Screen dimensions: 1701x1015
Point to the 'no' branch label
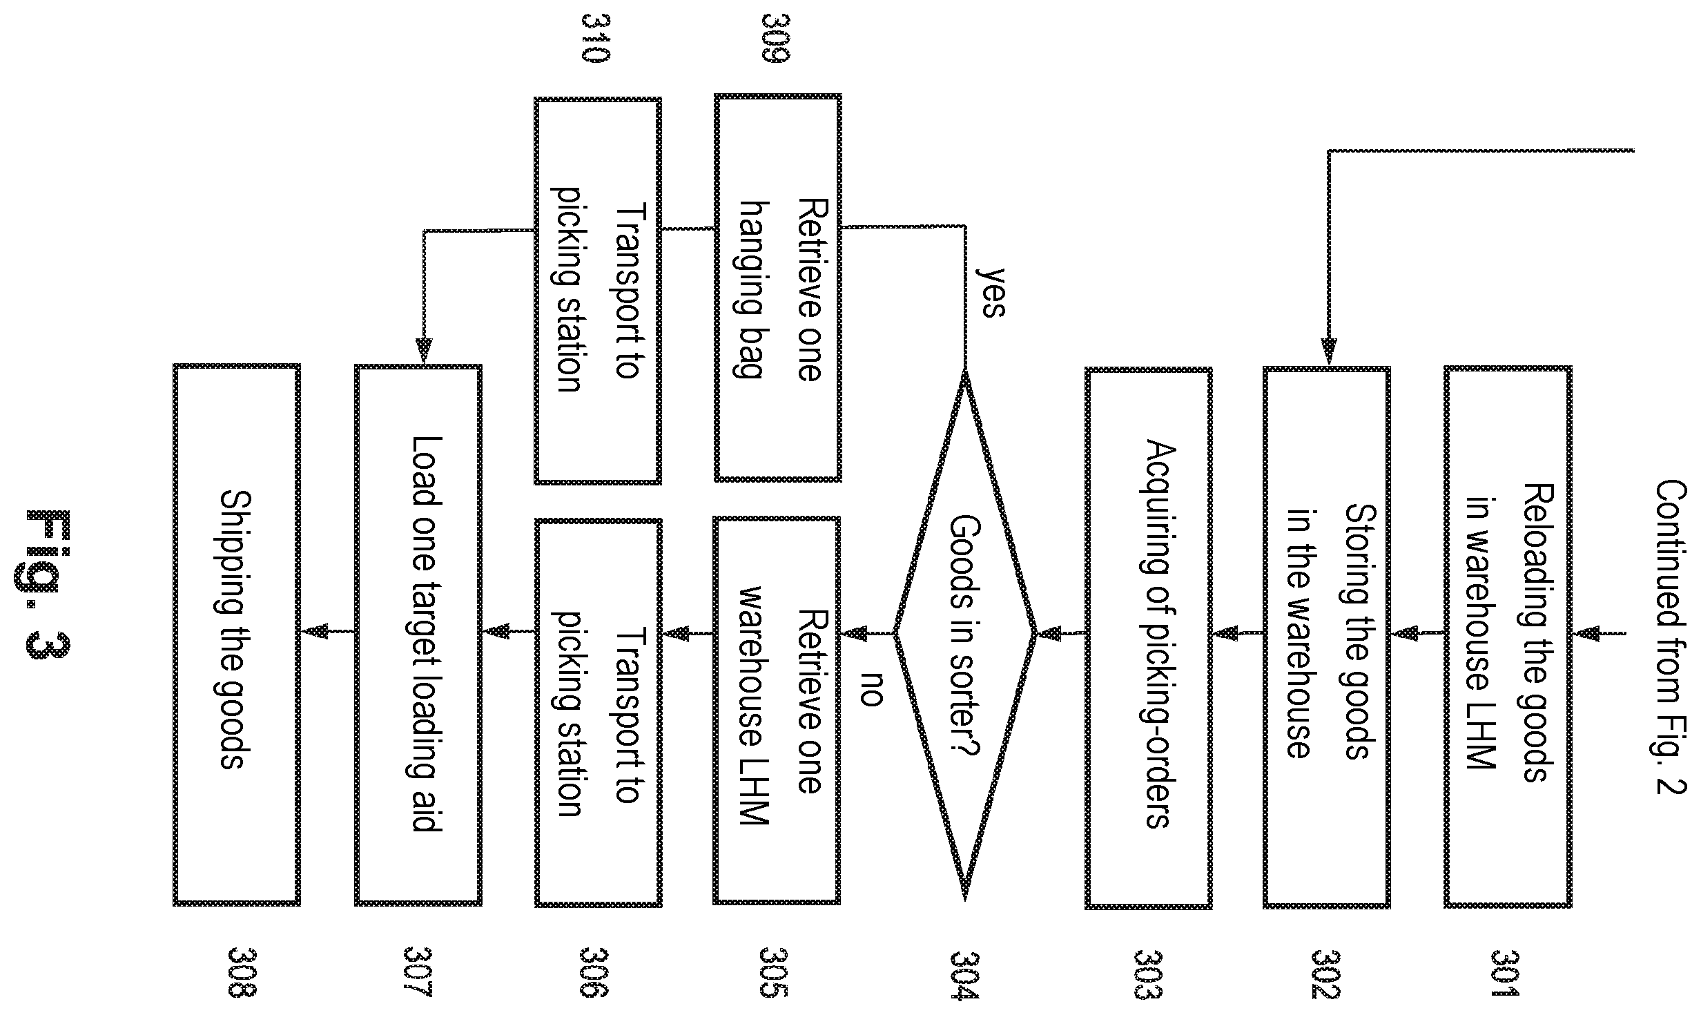pos(871,688)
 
